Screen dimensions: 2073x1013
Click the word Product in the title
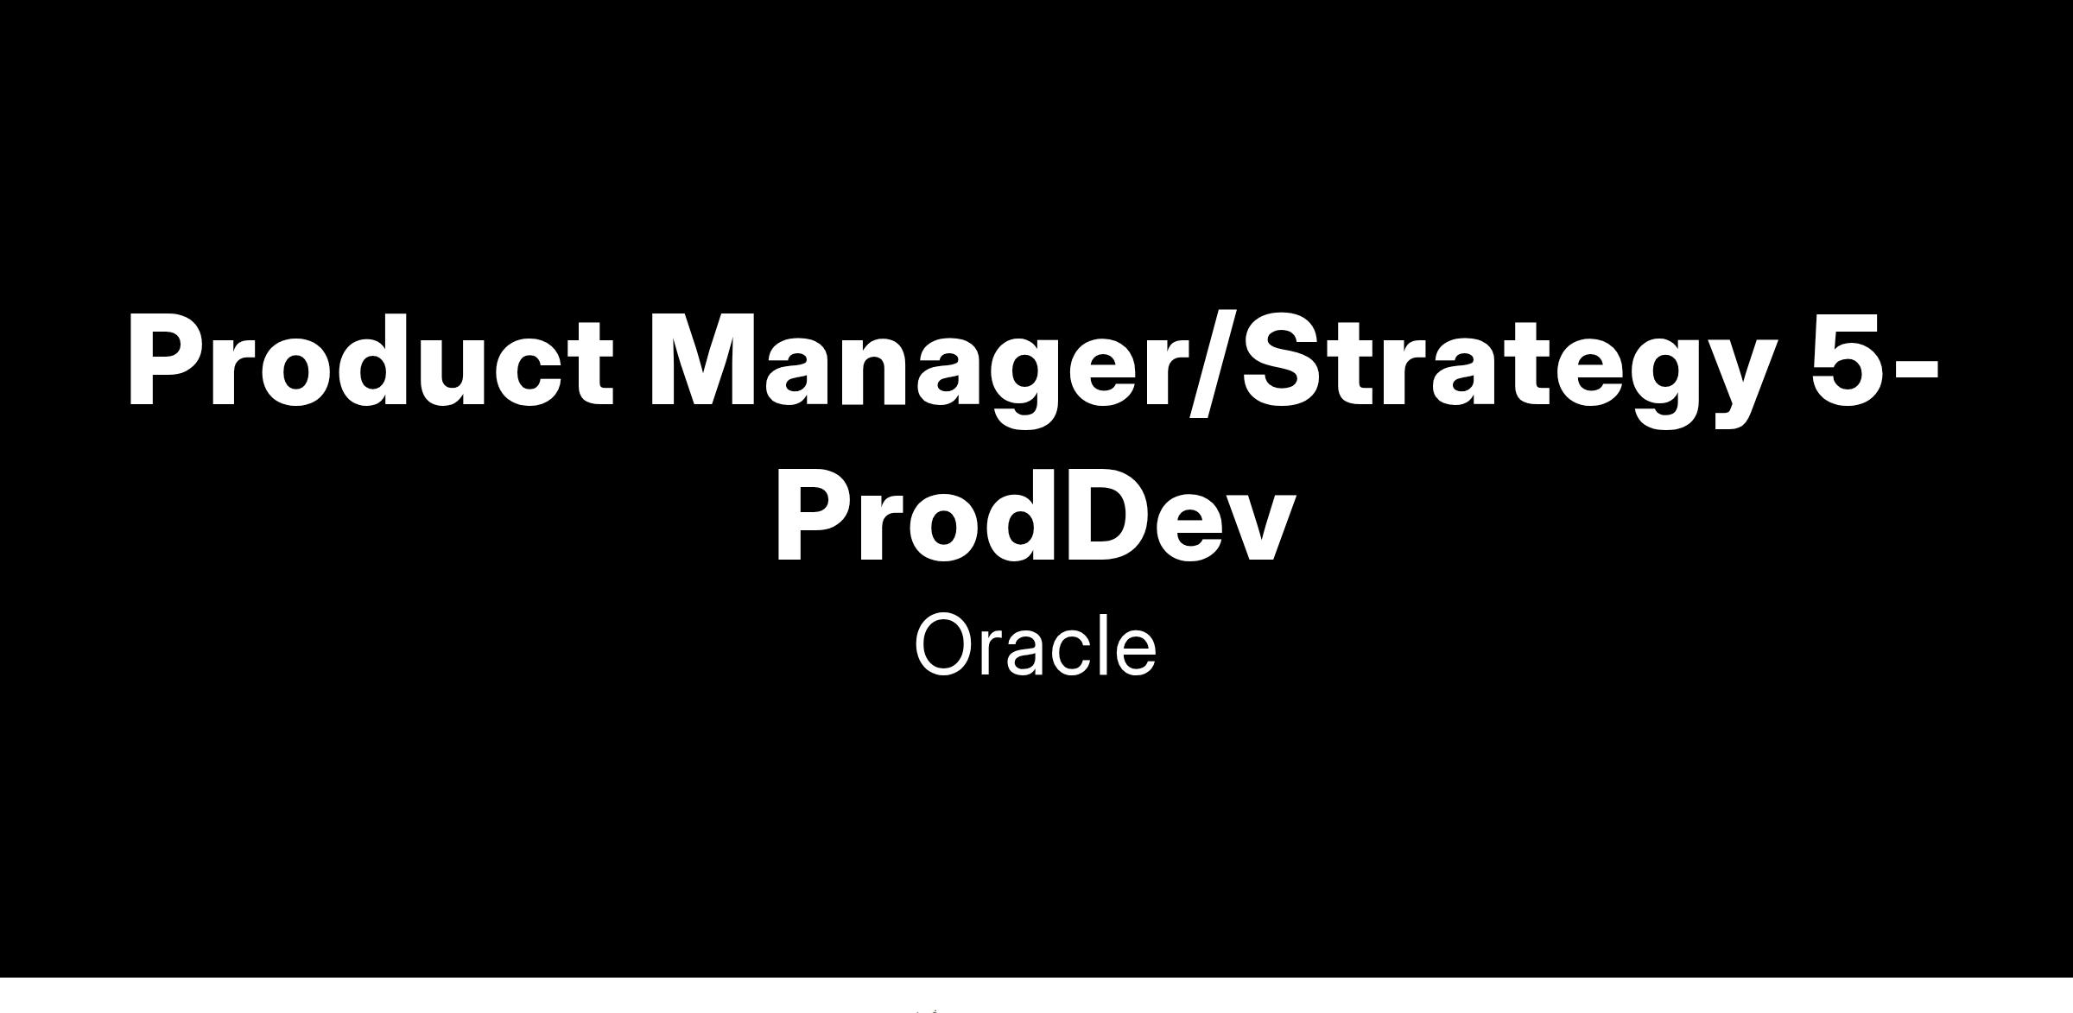click(371, 359)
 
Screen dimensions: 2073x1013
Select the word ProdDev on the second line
click(1036, 516)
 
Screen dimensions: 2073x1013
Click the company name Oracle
click(1036, 644)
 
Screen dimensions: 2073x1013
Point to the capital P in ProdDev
click(815, 516)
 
